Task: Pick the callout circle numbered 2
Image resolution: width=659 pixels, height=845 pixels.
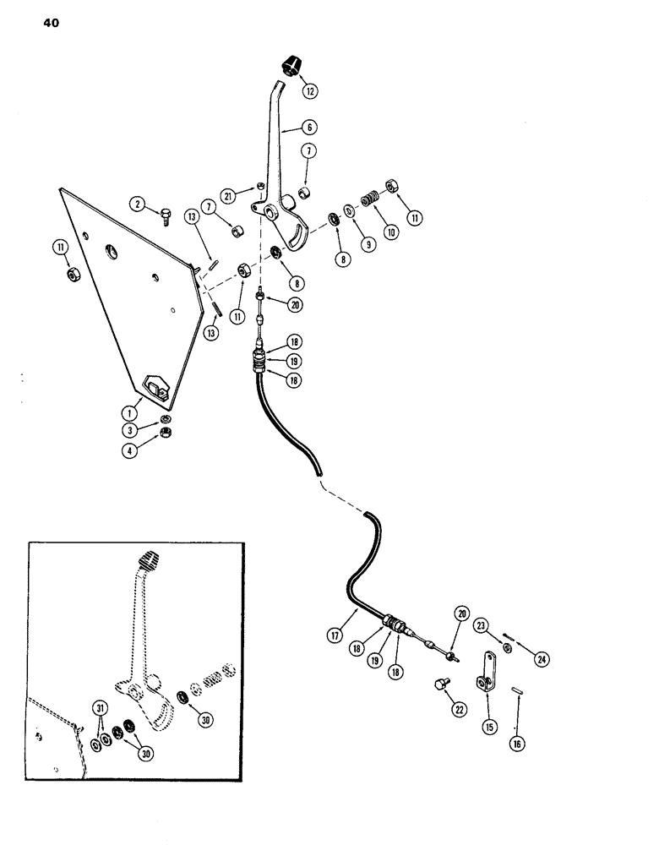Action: pyautogui.click(x=137, y=204)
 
